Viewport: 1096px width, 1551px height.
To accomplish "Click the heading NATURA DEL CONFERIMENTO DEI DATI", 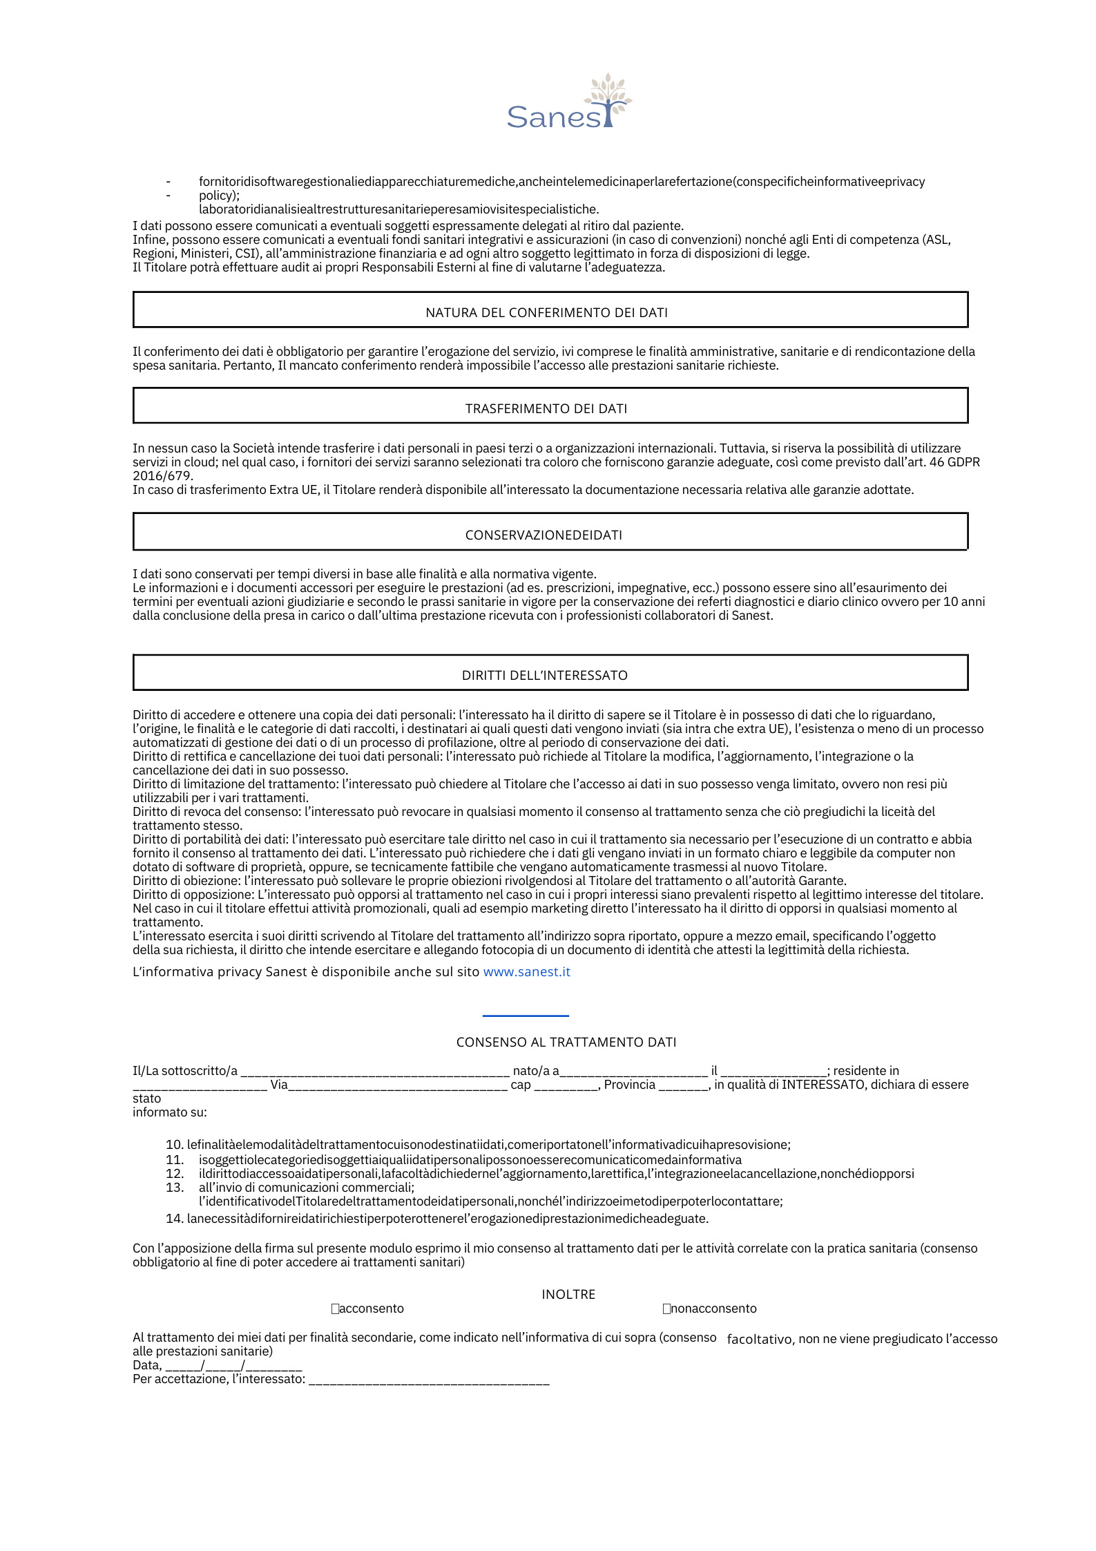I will click(x=546, y=312).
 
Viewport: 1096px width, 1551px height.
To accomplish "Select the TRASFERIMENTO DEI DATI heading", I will click(x=546, y=408).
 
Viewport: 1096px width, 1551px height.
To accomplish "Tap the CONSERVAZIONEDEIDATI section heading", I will click(x=544, y=535).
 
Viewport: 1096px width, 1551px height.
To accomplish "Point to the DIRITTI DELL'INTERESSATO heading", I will click(x=545, y=675).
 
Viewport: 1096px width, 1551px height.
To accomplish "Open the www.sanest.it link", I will click(x=526, y=971).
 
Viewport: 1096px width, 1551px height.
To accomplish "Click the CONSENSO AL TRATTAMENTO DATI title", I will click(x=566, y=1042).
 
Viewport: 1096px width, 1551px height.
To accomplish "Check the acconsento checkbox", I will click(x=335, y=1309).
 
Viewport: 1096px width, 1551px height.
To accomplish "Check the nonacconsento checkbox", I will click(x=666, y=1309).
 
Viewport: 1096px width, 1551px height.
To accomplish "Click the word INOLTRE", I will click(x=568, y=1294).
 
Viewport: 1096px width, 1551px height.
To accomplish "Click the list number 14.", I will click(x=174, y=1219).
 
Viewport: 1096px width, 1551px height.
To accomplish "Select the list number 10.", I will click(x=174, y=1145).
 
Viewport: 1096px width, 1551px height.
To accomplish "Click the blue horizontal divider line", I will click(x=526, y=1016).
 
